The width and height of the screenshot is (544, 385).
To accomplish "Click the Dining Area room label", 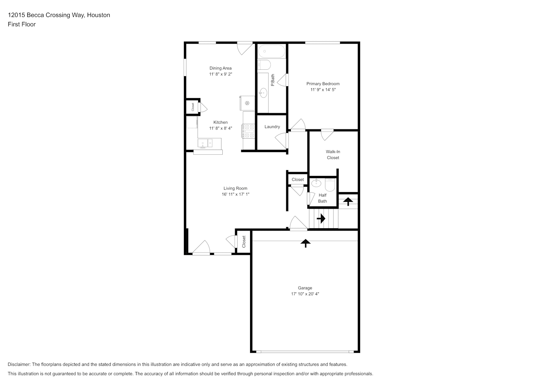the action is point(220,68).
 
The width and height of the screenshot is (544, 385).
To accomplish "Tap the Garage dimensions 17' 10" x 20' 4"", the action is point(305,294).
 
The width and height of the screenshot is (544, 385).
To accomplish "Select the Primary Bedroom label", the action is point(323,84).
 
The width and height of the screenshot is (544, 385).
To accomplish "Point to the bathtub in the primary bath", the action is point(272,51).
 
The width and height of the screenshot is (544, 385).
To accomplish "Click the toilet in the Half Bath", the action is point(330,185).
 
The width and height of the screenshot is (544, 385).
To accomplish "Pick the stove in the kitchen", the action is point(248,131).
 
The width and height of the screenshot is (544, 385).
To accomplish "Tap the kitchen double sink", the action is point(205,143).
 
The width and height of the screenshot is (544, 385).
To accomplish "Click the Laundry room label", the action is point(272,127).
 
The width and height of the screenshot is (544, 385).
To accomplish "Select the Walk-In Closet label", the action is point(333,155).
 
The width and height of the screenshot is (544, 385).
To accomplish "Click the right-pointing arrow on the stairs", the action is point(321,219).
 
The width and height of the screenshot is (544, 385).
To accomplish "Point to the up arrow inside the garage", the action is point(305,243).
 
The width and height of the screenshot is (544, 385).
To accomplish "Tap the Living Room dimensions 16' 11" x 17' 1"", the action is point(235,194).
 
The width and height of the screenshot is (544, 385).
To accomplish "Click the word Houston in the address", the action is point(98,15).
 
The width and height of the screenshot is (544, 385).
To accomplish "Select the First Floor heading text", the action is point(22,24).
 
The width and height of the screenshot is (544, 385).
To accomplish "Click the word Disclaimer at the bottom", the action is point(19,364).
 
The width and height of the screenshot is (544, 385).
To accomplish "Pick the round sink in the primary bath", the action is point(263,93).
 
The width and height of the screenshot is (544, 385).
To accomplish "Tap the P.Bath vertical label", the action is point(272,80).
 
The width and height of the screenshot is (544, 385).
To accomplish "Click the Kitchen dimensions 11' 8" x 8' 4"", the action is point(220,128).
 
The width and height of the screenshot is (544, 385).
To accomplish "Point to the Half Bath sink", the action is point(316,183).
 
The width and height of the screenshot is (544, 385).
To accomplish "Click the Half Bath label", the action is point(322,198).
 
